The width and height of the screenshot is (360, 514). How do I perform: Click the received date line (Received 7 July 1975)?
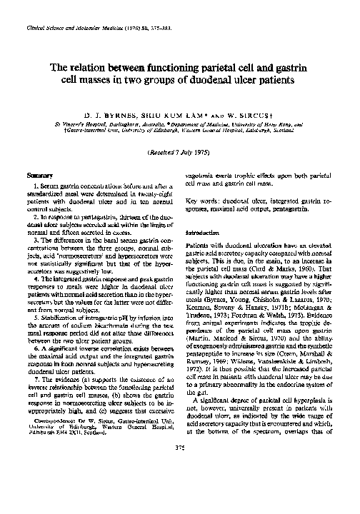180,152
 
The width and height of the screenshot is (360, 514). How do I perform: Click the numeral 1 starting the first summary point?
36,186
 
